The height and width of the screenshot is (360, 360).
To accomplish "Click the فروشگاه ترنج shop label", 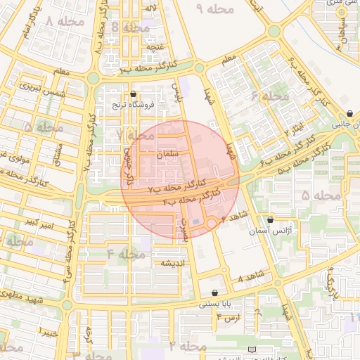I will [x=134, y=105].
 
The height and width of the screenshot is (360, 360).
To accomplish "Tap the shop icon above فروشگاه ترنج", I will [x=134, y=94].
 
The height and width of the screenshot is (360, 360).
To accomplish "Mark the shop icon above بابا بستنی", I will [x=214, y=292].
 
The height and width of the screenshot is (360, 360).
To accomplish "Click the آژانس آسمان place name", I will [x=271, y=231].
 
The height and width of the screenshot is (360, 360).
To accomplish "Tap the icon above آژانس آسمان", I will [x=271, y=219].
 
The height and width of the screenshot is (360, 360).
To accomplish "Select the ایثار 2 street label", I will [x=294, y=128].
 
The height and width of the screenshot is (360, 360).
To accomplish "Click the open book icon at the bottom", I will [x=252, y=349].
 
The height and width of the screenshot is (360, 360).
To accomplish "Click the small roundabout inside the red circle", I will [x=212, y=222].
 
